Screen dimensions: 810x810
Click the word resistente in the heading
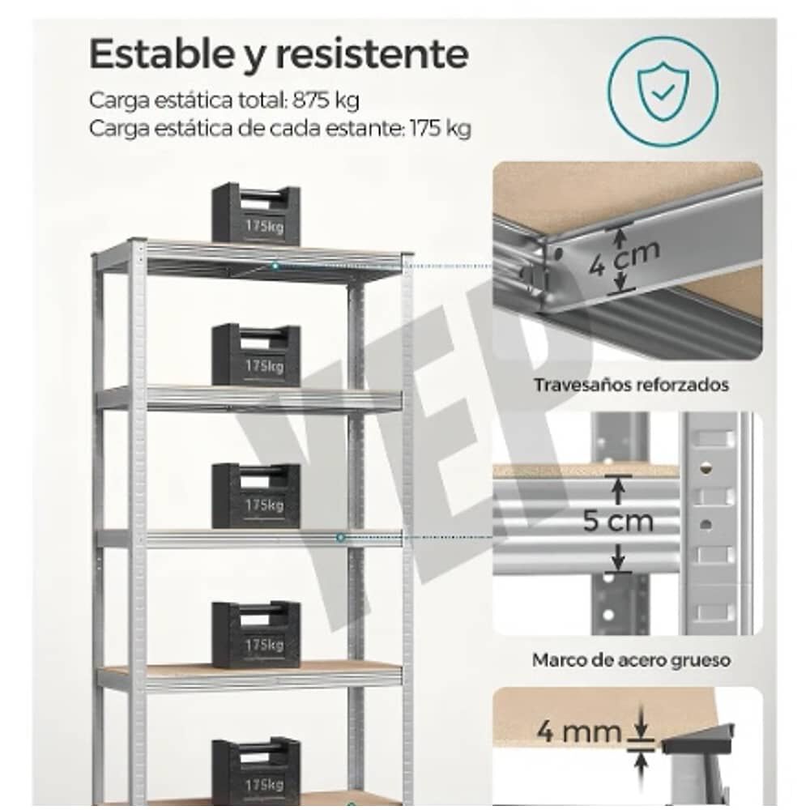coord(372,54)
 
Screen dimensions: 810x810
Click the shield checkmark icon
coord(663,92)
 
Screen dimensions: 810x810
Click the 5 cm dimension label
coord(618,521)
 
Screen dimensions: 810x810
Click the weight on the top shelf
coord(256,214)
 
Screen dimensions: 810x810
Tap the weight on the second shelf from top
coord(256,355)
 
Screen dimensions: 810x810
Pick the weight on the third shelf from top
coord(256,495)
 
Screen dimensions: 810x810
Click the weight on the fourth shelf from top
coord(256,634)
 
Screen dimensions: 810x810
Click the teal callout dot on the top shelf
coord(275,266)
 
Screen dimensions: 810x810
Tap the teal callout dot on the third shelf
coord(340,537)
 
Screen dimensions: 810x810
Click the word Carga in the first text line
coord(112,101)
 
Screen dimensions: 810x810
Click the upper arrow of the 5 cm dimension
coord(618,488)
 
